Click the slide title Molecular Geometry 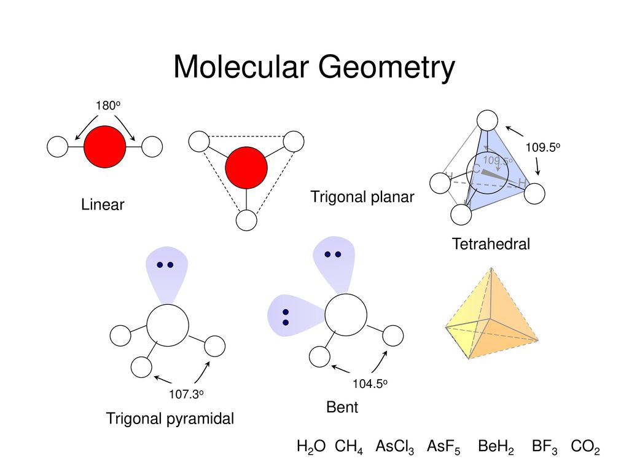[314, 68]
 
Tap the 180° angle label [107, 106]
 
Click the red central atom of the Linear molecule [104, 147]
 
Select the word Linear [102, 205]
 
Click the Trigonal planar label [362, 197]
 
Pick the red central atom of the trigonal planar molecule [246, 167]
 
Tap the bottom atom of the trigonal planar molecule [246, 221]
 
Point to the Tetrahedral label [491, 245]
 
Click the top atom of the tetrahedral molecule [487, 120]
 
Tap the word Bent [342, 407]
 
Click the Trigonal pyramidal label [170, 419]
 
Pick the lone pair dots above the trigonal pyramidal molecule [165, 265]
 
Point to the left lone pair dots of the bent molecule [286, 317]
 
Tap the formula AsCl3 [394, 447]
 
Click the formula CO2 [584, 447]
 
